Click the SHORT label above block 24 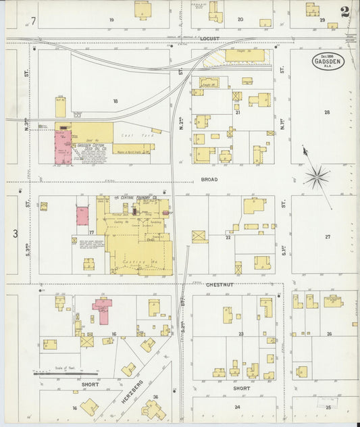(241, 388)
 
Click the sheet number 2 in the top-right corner (345, 11)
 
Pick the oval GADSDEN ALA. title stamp (326, 63)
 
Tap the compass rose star (316, 178)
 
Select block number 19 (111, 20)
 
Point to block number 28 (327, 112)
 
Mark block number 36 (155, 397)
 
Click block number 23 (240, 334)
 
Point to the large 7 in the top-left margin (32, 21)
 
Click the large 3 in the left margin (14, 234)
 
